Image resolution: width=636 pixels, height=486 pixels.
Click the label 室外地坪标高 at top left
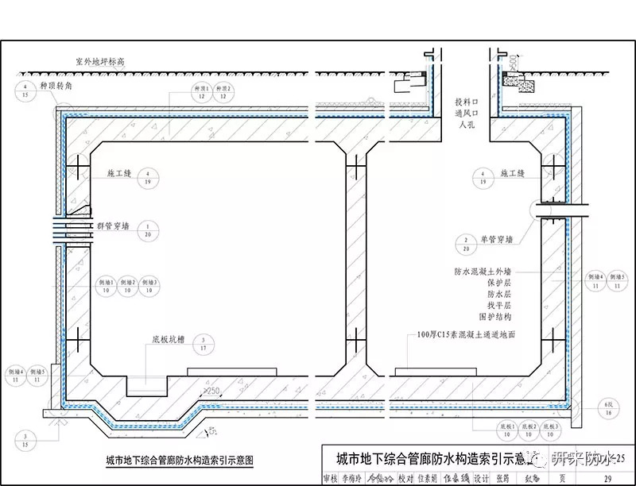tap(100, 61)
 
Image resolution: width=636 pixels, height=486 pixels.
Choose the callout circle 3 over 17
tap(204, 342)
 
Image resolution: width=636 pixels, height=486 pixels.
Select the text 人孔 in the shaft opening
tap(466, 125)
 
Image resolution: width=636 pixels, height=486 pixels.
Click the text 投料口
tap(467, 102)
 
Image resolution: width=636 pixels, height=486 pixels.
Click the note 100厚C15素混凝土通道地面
tap(467, 335)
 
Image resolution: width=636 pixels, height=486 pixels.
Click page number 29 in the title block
tap(607, 478)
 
